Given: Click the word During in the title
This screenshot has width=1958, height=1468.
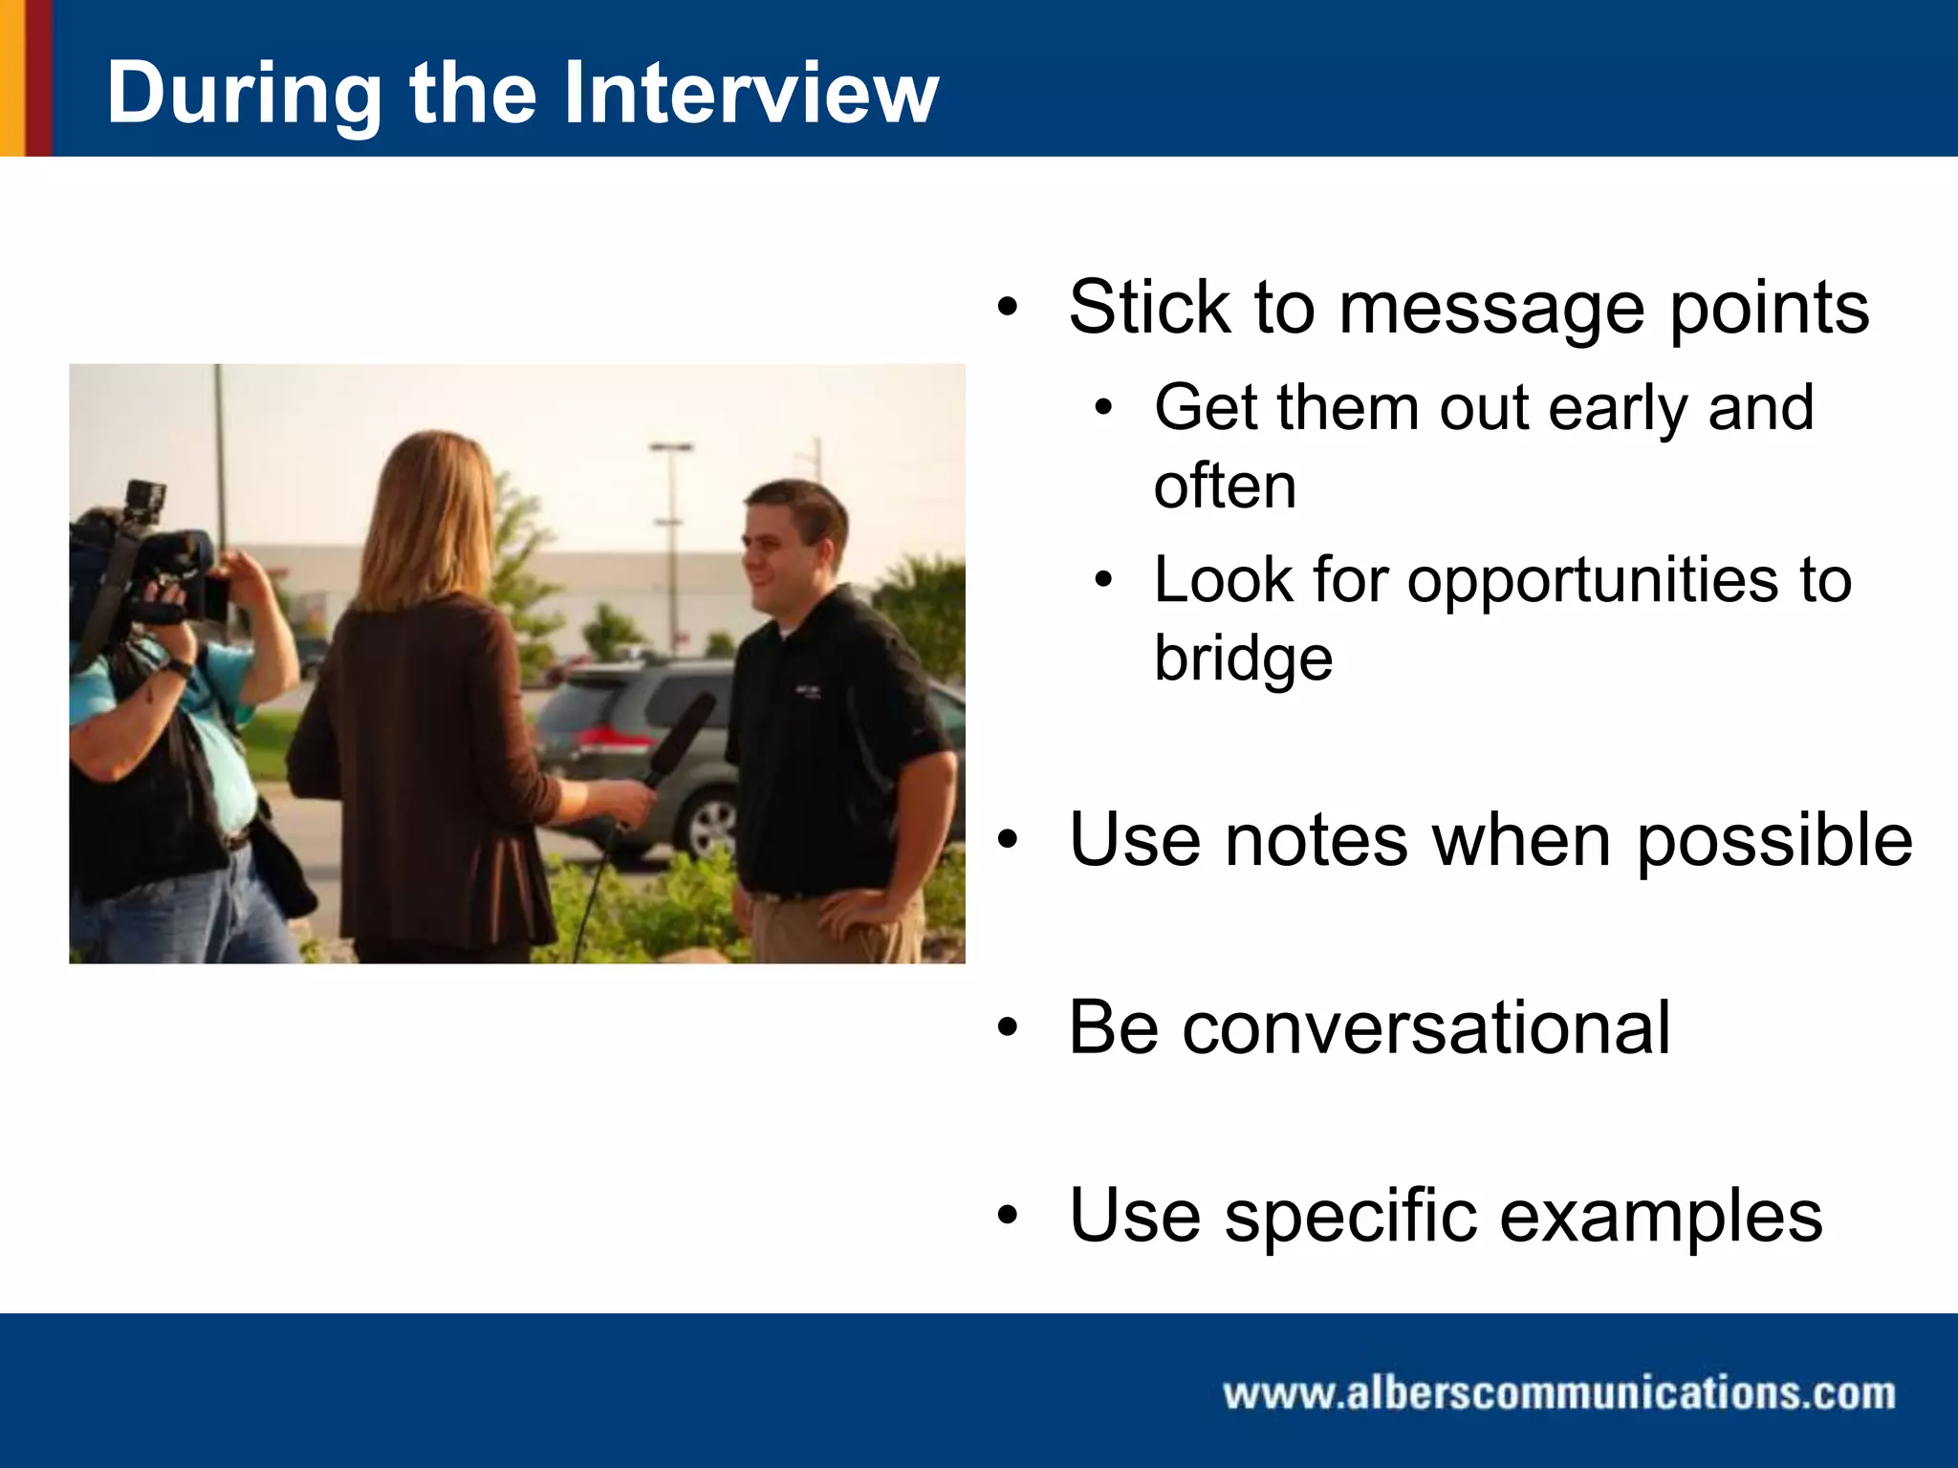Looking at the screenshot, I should point(244,95).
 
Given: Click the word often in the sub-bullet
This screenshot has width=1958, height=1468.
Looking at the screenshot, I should point(1225,486).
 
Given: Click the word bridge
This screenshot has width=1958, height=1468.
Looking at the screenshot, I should point(1243,659).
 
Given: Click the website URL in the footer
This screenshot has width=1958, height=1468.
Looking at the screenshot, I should point(1558,1392).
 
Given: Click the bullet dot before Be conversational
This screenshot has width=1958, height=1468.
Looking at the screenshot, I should point(1008,1028).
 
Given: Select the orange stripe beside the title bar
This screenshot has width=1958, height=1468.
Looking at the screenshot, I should point(11,76).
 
